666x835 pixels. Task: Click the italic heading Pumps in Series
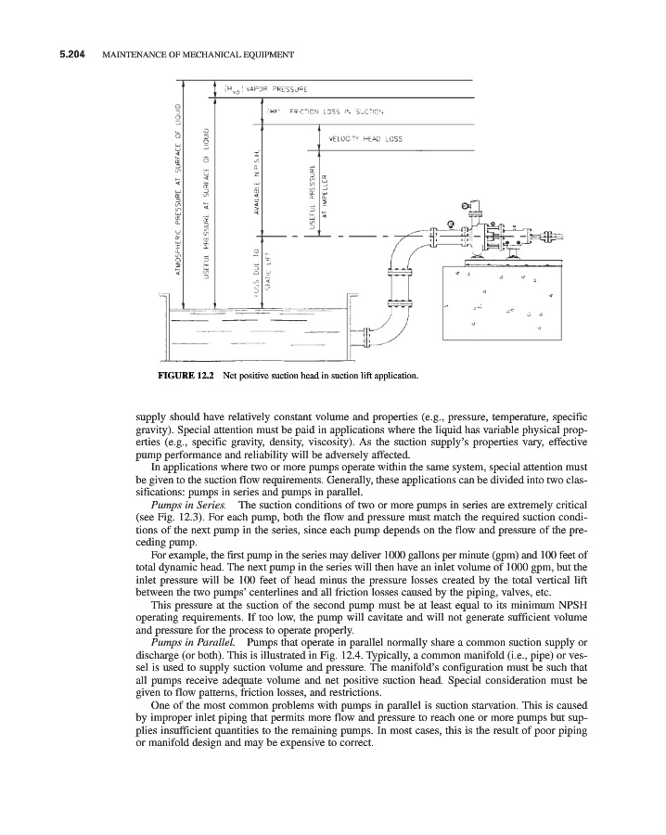pyautogui.click(x=191, y=504)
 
